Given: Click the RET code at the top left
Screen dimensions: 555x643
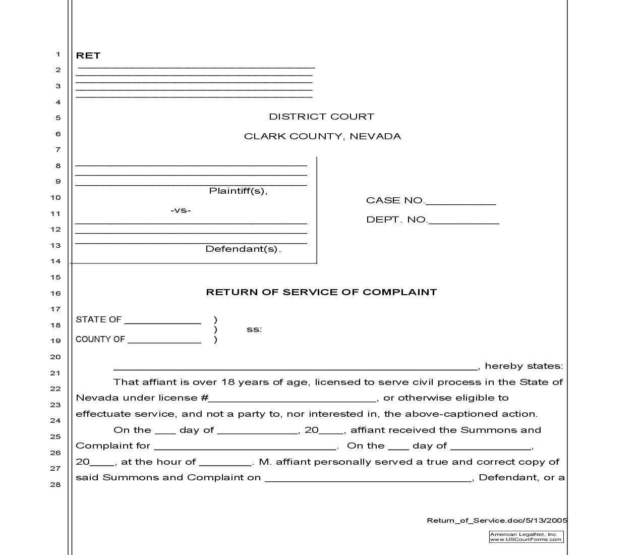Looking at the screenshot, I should click(88, 55).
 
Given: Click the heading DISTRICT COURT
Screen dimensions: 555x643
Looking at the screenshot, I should click(321, 117).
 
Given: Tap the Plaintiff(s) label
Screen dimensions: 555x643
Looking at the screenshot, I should click(238, 191).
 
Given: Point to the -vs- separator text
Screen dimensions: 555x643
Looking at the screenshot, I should click(181, 210).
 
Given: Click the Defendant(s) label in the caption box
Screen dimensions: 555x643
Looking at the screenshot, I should click(243, 249).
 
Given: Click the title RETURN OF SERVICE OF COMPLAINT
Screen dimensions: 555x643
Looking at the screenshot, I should click(321, 292).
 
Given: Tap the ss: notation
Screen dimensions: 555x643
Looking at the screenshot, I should click(254, 329).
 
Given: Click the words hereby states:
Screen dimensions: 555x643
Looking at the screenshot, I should click(523, 366).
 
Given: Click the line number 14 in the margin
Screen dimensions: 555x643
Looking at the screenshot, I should click(55, 261).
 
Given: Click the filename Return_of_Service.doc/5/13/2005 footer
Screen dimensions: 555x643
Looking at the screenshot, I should click(497, 521).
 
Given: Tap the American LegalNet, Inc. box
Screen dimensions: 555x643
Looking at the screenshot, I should click(526, 537).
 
